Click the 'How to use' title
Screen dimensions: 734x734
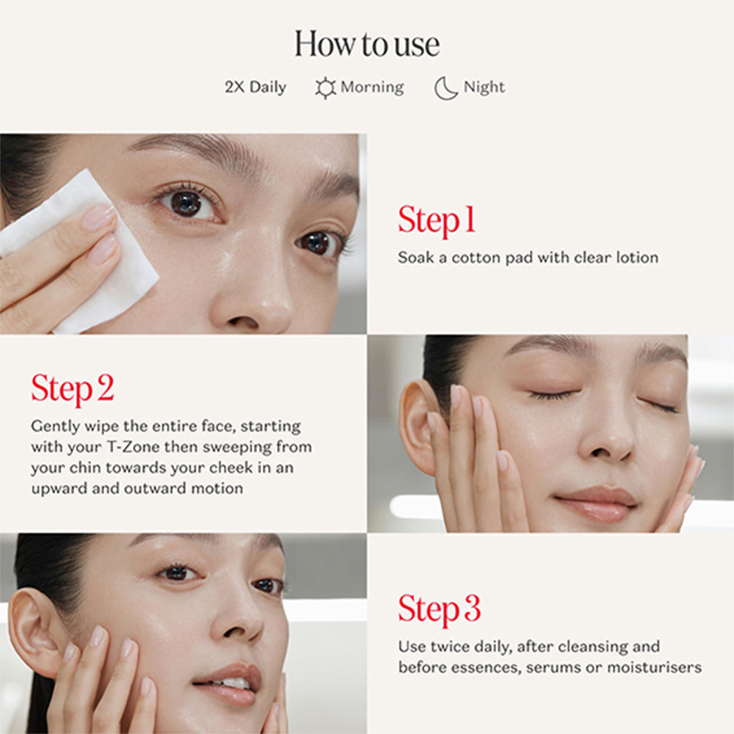[x=367, y=44]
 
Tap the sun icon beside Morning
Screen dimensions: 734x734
[x=325, y=88]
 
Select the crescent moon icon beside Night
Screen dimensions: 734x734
[x=446, y=88]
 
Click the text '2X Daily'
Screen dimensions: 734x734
[x=255, y=87]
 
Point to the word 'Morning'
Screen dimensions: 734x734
[x=372, y=87]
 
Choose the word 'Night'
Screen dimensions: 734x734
[x=484, y=87]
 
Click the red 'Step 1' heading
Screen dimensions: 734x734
[x=437, y=221]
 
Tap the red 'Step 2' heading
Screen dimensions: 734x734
[x=73, y=389]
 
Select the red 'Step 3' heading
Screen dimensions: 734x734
[x=440, y=609]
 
